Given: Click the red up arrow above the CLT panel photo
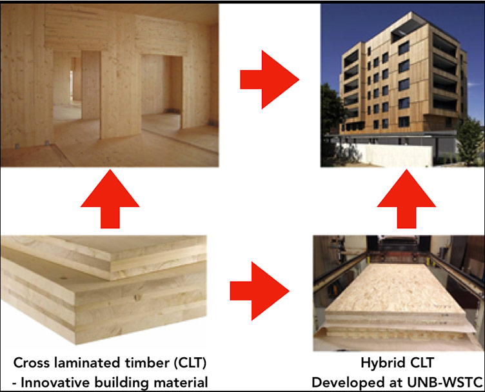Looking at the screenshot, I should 110,199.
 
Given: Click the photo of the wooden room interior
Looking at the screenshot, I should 110,84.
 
